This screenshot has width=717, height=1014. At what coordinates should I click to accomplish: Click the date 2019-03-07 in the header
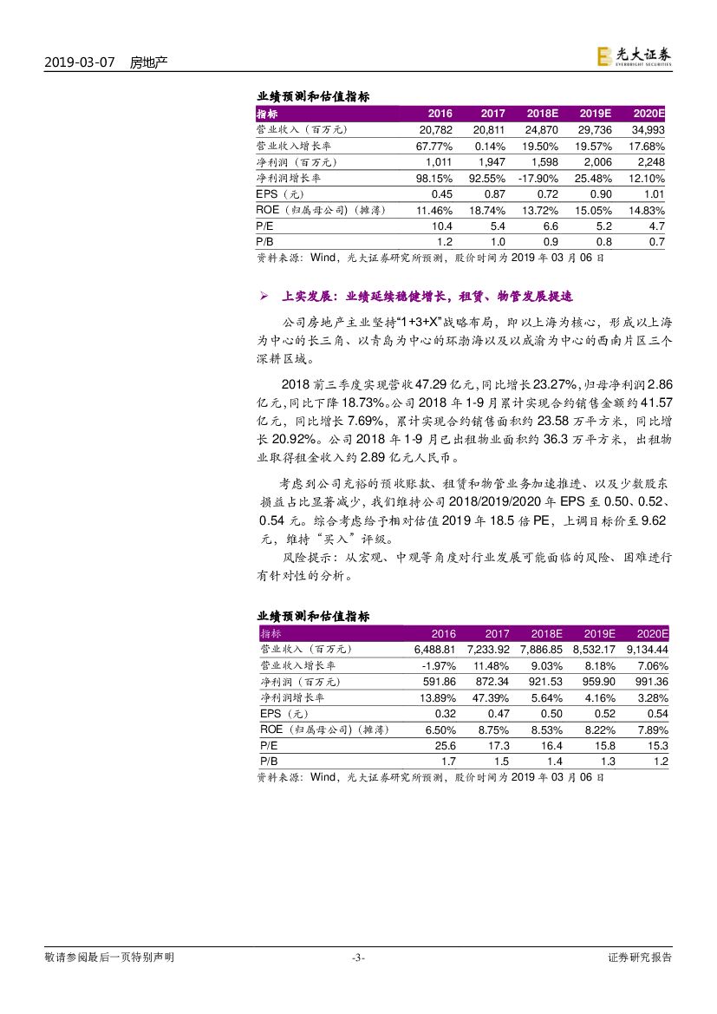pyautogui.click(x=79, y=62)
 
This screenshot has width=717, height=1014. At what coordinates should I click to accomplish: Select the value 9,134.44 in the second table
pyautogui.click(x=648, y=649)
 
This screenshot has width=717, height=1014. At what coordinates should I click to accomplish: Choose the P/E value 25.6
pyautogui.click(x=444, y=745)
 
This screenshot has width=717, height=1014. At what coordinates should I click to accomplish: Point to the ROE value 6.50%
pyautogui.click(x=438, y=729)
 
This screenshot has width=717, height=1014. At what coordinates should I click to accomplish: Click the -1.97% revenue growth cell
pyautogui.click(x=438, y=665)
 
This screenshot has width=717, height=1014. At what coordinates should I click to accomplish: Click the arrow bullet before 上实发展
pyautogui.click(x=264, y=297)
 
